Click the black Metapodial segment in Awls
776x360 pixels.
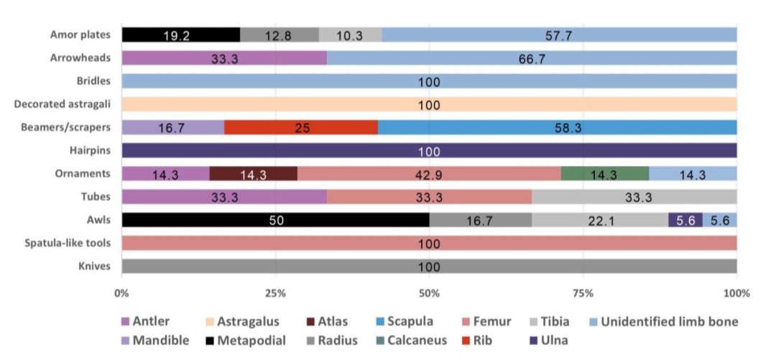point(275,221)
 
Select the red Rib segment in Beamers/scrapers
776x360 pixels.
point(302,128)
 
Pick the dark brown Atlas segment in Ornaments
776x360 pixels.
point(253,174)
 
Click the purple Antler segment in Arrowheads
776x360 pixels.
point(224,58)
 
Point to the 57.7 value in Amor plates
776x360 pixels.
point(559,35)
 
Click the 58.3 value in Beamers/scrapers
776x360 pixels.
point(558,128)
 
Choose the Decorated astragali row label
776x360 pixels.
point(62,105)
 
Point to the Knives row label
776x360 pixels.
point(95,267)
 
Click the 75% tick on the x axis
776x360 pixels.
point(583,294)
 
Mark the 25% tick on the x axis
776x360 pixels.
point(276,294)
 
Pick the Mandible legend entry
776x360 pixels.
point(158,341)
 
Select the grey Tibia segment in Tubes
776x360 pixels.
point(634,197)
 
